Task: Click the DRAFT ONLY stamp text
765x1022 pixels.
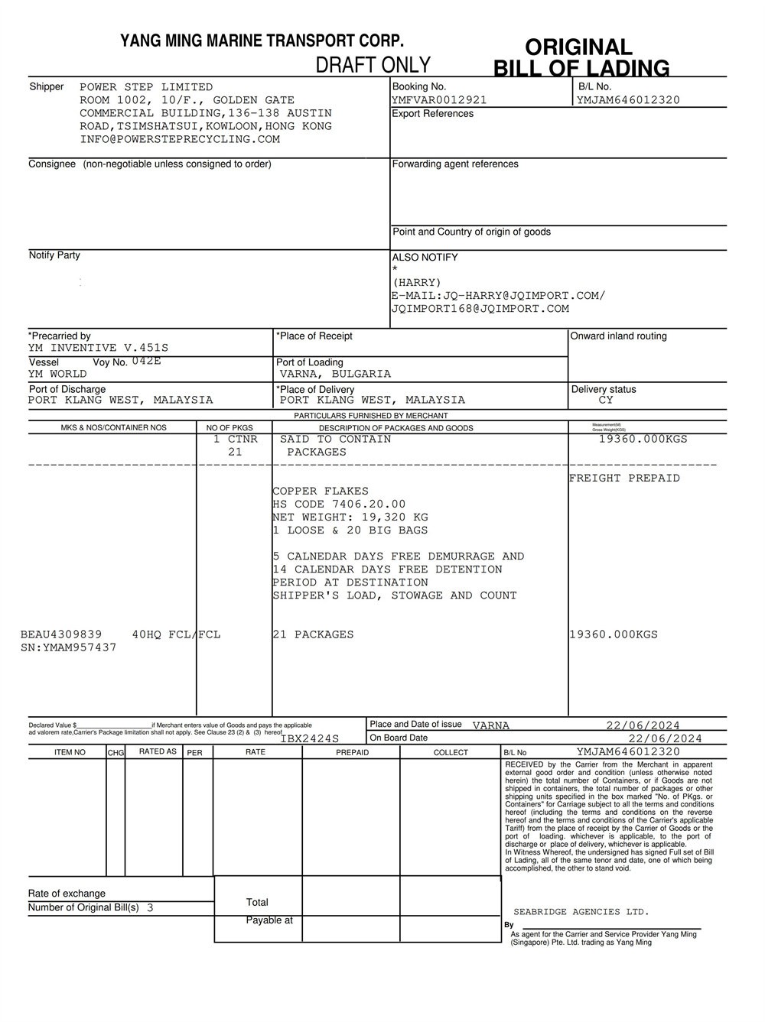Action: [x=373, y=65]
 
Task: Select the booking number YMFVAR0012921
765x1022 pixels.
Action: [x=438, y=100]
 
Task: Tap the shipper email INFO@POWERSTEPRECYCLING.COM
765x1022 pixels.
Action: [x=180, y=139]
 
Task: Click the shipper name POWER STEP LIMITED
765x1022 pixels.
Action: [x=146, y=87]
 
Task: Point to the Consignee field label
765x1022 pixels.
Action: [x=52, y=164]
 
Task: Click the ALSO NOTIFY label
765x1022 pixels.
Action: [x=425, y=258]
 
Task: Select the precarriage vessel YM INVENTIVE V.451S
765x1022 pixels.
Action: [x=98, y=349]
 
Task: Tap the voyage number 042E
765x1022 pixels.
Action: [x=146, y=362]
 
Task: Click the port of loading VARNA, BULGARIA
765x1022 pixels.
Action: [x=335, y=375]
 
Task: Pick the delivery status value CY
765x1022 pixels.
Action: [x=606, y=401]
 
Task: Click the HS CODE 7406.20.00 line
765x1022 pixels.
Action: [x=339, y=505]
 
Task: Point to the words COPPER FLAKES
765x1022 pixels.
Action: [x=321, y=492]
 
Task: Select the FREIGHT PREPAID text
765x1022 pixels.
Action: [x=624, y=479]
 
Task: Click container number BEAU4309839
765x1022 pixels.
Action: [x=61, y=634]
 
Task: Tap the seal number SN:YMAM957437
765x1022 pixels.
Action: [x=69, y=647]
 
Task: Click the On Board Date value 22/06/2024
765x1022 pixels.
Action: [x=665, y=738]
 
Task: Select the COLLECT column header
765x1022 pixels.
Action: [x=451, y=753]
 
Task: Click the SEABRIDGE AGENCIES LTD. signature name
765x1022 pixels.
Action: [x=581, y=912]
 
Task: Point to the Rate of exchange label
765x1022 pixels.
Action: [x=67, y=894]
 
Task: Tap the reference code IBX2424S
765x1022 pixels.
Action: [x=309, y=739]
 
